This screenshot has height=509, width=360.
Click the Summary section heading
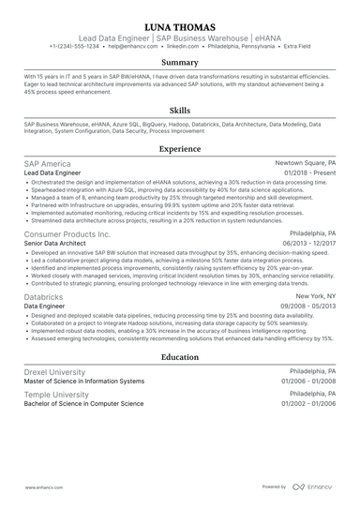(179, 63)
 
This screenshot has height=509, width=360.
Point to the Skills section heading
(179, 109)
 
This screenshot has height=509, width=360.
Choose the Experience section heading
(179, 148)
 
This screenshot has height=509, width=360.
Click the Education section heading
(179, 357)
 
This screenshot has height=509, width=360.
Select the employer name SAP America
(47, 163)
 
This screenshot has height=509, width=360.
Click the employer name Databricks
(44, 296)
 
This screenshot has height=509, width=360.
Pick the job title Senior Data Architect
(61, 243)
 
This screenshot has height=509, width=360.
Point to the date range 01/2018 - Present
(306, 173)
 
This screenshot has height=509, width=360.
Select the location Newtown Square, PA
(305, 163)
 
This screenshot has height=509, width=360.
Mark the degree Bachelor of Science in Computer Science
(84, 404)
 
